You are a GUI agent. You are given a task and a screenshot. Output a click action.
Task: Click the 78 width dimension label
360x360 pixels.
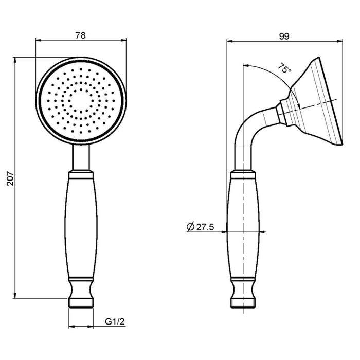(80, 35)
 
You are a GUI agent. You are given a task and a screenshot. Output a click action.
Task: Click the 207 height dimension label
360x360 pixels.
(10, 178)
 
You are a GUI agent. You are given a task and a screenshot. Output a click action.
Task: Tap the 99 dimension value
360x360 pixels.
(284, 37)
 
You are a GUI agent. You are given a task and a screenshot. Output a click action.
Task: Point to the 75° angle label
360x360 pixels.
(285, 68)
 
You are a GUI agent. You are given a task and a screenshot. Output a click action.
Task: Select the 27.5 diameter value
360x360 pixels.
(205, 227)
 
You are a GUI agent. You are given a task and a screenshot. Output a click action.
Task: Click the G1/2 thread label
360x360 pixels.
(115, 321)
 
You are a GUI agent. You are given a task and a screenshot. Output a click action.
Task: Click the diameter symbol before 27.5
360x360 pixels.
(191, 227)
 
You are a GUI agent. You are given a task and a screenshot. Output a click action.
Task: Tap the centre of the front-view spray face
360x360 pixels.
(81, 101)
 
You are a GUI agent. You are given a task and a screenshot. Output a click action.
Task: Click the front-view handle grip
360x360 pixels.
(81, 228)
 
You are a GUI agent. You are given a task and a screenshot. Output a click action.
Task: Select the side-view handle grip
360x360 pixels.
(243, 228)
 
